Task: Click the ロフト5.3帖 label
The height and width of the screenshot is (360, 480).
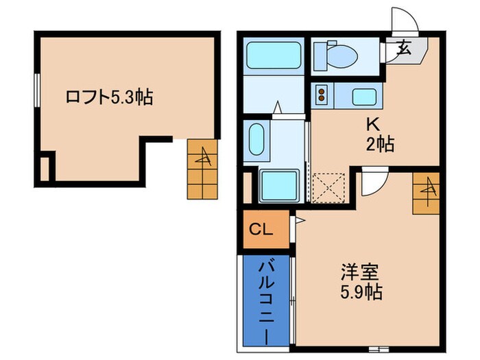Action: (x=109, y=97)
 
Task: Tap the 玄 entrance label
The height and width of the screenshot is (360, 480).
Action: (x=403, y=49)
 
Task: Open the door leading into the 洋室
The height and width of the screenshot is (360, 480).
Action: (x=374, y=182)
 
